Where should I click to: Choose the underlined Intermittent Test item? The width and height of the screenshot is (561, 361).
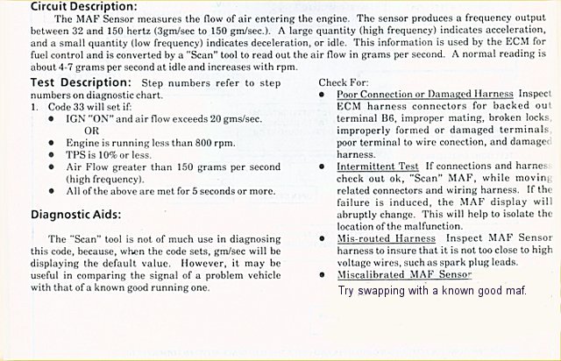point(379,165)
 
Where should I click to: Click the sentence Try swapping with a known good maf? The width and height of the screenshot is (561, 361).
point(432,290)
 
